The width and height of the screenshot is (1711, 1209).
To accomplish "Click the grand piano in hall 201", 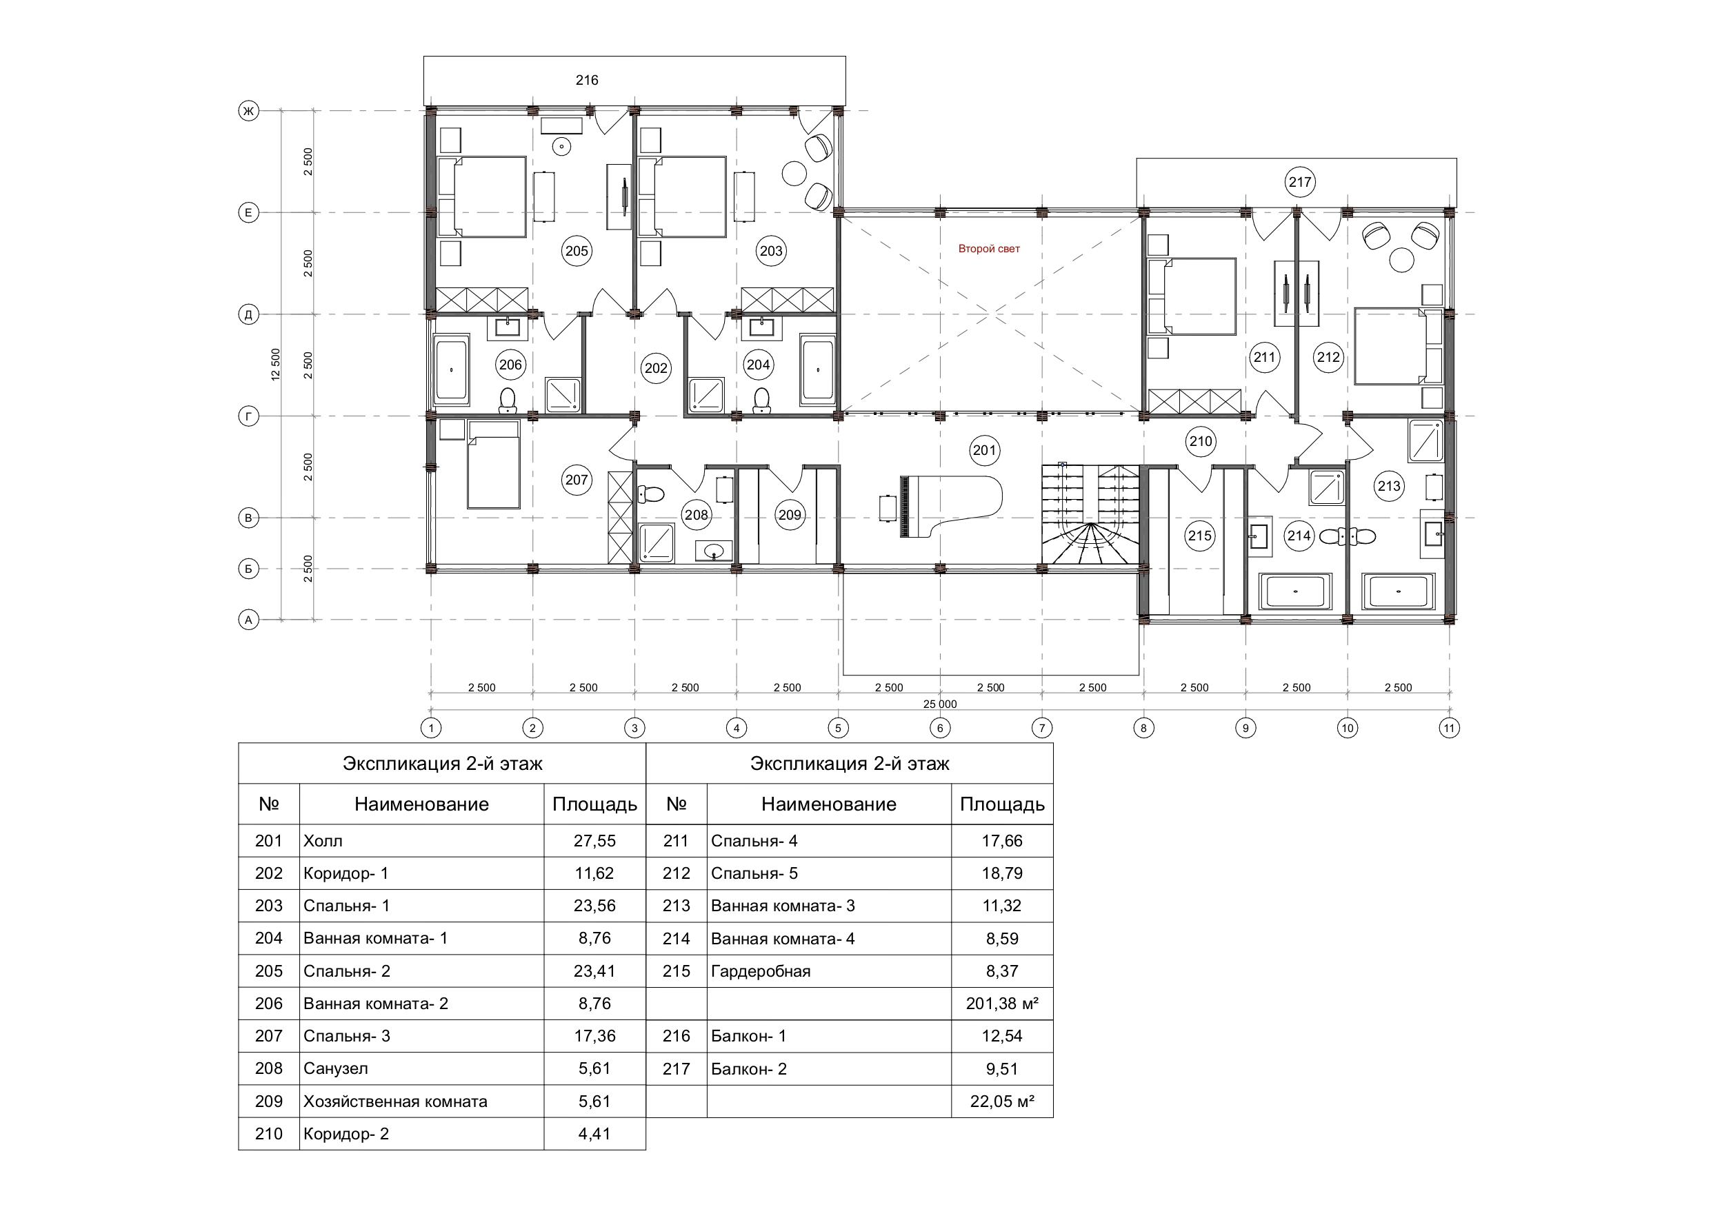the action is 951,507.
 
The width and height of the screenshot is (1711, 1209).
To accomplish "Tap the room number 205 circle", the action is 577,251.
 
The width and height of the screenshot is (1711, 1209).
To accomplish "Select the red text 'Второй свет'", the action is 989,249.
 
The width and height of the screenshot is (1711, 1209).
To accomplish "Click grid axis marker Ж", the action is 248,111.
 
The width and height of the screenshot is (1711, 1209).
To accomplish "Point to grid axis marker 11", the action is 1449,728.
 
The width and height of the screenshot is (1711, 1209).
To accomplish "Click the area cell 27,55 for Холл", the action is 594,840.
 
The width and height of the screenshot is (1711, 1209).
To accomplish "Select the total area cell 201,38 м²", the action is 1002,1004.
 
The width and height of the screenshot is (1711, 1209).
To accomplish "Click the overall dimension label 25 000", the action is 941,704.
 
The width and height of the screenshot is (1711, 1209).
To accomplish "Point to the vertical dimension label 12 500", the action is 276,365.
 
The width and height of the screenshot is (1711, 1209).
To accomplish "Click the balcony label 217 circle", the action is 1300,182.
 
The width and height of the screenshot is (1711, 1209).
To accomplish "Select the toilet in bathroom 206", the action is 508,400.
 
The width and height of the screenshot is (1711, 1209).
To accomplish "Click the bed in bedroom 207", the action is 492,463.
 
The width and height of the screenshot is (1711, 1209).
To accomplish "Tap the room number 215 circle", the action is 1200,536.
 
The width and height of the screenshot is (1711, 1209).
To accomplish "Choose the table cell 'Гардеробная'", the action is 829,971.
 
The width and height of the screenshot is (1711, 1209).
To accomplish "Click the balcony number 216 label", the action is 586,80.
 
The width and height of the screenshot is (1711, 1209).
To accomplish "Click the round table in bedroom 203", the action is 794,174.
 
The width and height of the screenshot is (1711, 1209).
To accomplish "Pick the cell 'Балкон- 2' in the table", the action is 829,1069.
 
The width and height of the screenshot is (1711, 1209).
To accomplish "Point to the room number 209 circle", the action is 789,515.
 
